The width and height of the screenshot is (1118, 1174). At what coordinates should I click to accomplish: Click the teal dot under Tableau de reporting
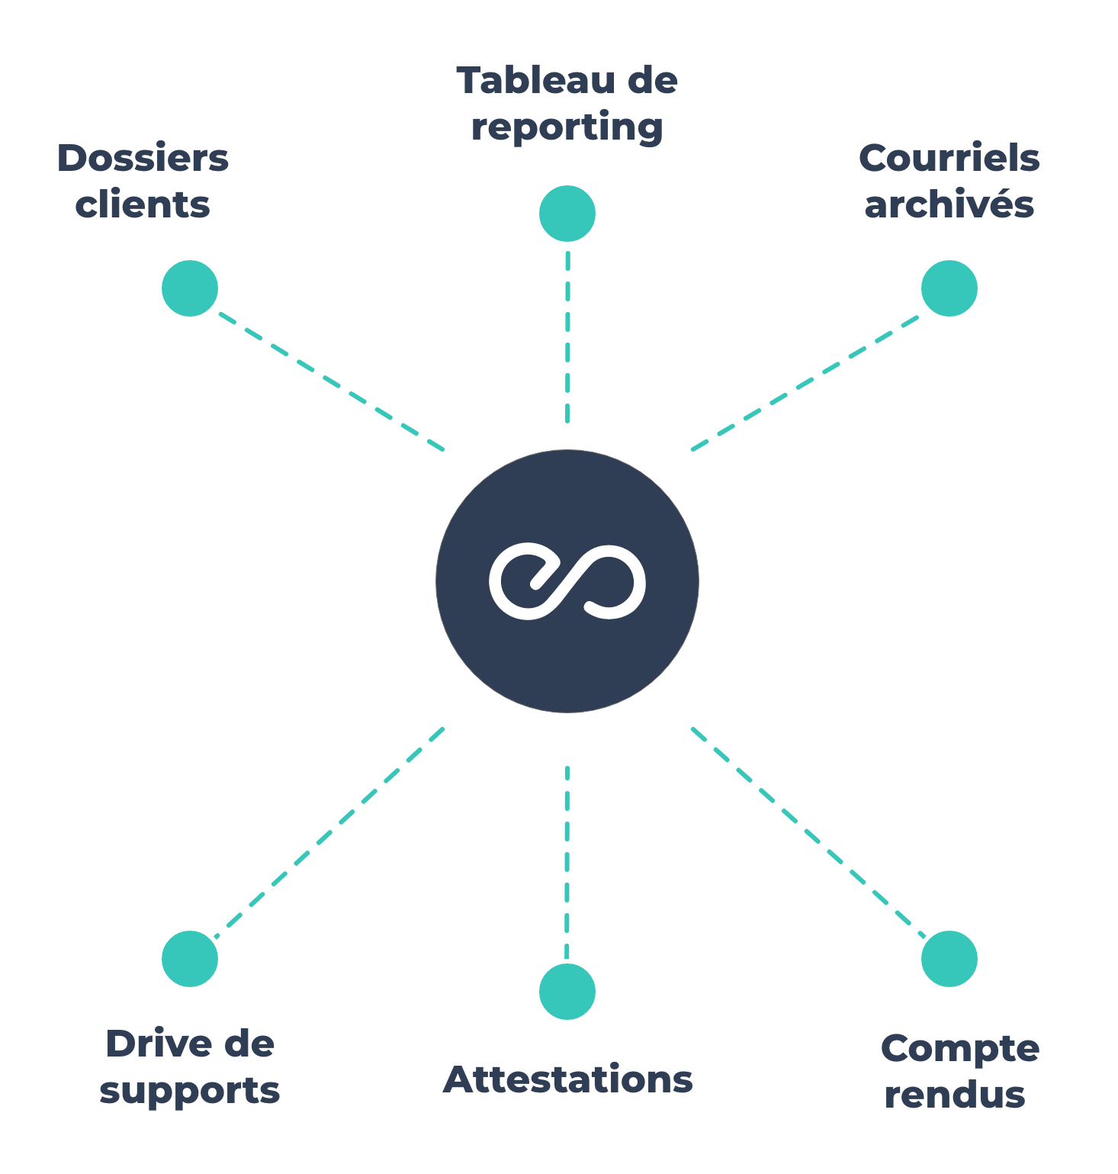(567, 214)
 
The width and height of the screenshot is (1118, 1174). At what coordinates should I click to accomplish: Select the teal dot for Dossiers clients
(190, 288)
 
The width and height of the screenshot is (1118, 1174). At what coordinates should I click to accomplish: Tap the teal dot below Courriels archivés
(949, 288)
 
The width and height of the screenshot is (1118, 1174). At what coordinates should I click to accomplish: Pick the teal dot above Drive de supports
(190, 959)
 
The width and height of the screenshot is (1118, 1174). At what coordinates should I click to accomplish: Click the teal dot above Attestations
(567, 992)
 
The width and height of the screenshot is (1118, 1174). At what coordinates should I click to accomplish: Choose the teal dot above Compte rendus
(949, 959)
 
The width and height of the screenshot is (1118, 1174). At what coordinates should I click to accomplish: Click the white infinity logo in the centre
(567, 581)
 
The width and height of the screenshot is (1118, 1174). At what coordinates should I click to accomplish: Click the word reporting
(567, 127)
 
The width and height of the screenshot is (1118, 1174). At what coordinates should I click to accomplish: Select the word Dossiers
(143, 159)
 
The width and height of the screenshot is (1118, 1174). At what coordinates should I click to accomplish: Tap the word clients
(143, 205)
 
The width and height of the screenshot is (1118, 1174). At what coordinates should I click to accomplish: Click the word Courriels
(949, 159)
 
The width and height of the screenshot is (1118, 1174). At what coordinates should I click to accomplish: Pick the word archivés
(949, 205)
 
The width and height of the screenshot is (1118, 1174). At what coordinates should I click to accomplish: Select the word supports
(190, 1091)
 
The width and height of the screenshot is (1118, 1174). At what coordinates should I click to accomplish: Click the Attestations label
(568, 1080)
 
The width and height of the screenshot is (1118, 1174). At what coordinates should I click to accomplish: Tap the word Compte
(959, 1049)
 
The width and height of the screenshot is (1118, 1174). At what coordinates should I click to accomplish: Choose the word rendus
(955, 1095)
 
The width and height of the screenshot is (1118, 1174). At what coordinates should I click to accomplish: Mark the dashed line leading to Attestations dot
(567, 862)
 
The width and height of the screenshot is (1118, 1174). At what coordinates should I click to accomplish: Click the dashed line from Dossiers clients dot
(332, 382)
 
